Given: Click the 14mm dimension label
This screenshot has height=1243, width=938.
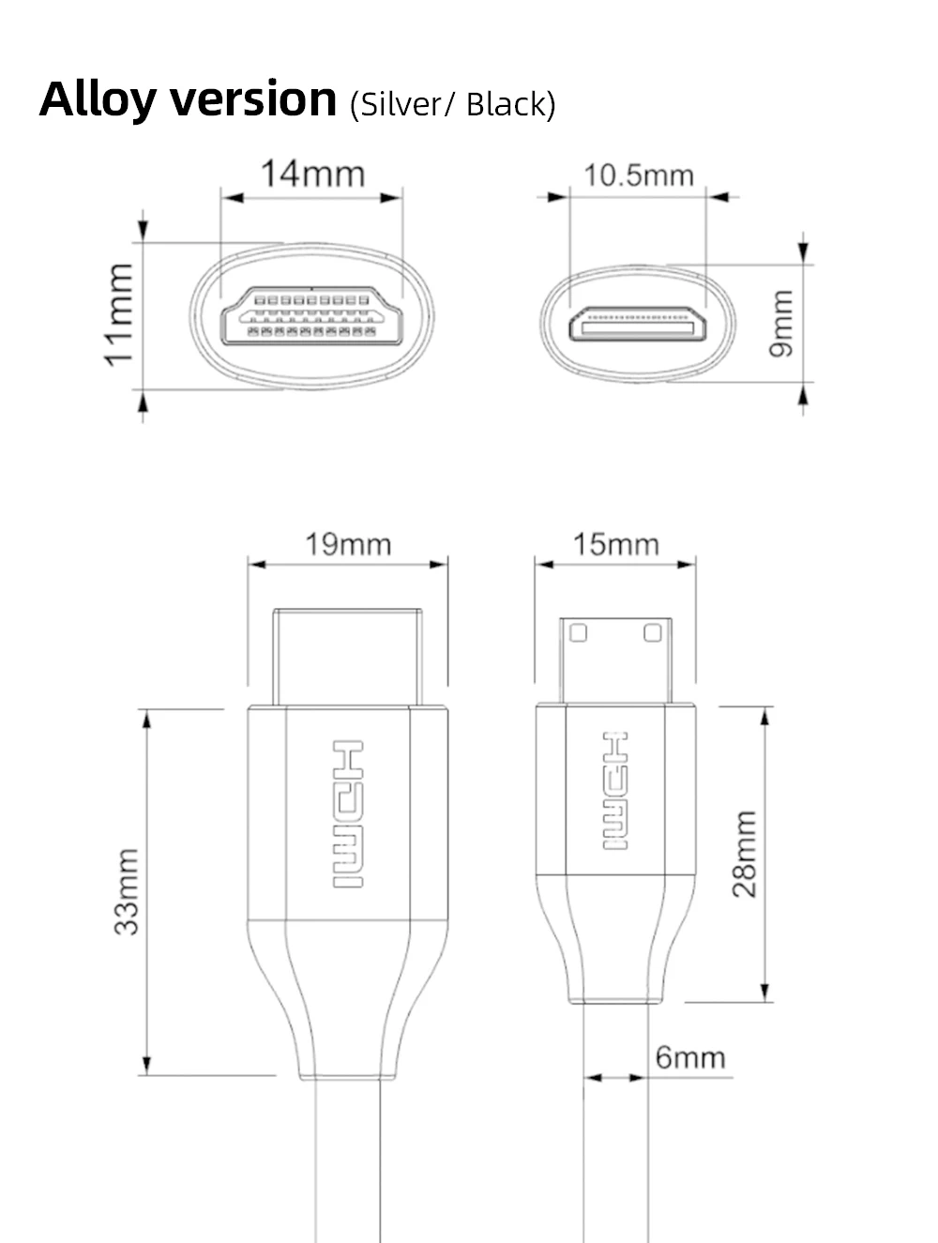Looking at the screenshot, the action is click(312, 174).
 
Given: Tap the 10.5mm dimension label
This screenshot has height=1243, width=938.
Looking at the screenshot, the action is click(638, 175).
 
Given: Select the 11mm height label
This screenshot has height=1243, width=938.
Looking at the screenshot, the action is click(119, 315).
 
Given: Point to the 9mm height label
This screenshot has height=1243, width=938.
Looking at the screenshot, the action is click(780, 324).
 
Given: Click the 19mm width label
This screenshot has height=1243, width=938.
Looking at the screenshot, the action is click(348, 544).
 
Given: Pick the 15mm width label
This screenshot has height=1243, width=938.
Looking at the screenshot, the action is click(616, 544).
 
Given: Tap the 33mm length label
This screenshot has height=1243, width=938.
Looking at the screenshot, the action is click(127, 891).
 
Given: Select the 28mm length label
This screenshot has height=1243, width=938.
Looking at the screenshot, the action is click(744, 854).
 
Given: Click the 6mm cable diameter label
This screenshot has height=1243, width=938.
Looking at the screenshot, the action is click(690, 1057).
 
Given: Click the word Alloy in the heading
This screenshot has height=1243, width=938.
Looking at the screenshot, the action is click(98, 100).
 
